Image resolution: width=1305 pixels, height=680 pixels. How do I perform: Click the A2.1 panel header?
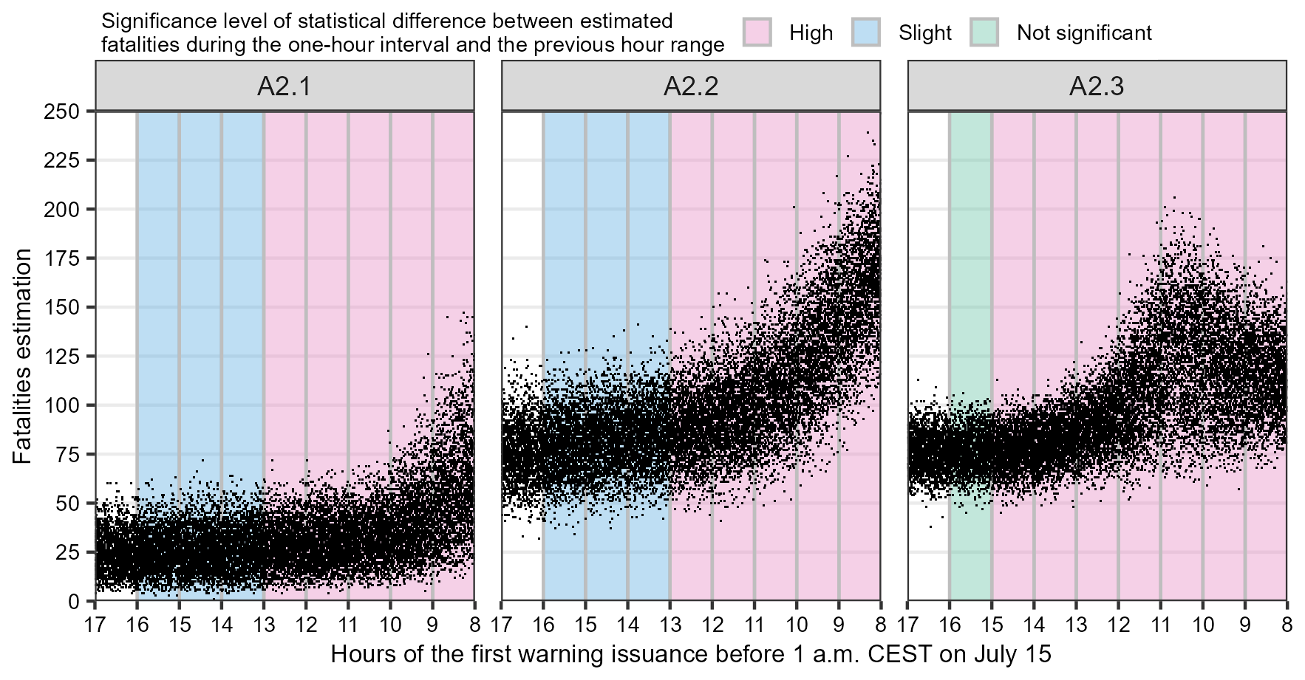coord(284,86)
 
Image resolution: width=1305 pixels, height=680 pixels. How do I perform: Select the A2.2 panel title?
coord(691,86)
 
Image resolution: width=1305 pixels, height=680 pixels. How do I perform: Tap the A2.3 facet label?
coord(1097,86)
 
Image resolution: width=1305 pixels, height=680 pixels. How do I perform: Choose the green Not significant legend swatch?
coord(984,32)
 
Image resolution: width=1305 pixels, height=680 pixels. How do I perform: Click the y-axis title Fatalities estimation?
coord(23,357)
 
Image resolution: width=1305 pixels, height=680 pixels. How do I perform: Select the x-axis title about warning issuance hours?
coord(691,654)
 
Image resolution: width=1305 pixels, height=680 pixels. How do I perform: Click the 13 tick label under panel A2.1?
coord(264,625)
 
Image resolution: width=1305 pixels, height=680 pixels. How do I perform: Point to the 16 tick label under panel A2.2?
coord(543,625)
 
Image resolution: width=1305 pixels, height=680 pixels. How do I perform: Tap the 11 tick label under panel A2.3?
coord(1160,625)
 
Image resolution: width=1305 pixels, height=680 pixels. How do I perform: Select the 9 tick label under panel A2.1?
coord(433,625)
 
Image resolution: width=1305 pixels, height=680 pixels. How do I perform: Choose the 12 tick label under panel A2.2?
coord(712,625)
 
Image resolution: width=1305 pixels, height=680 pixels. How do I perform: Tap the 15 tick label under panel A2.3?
coord(992,625)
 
